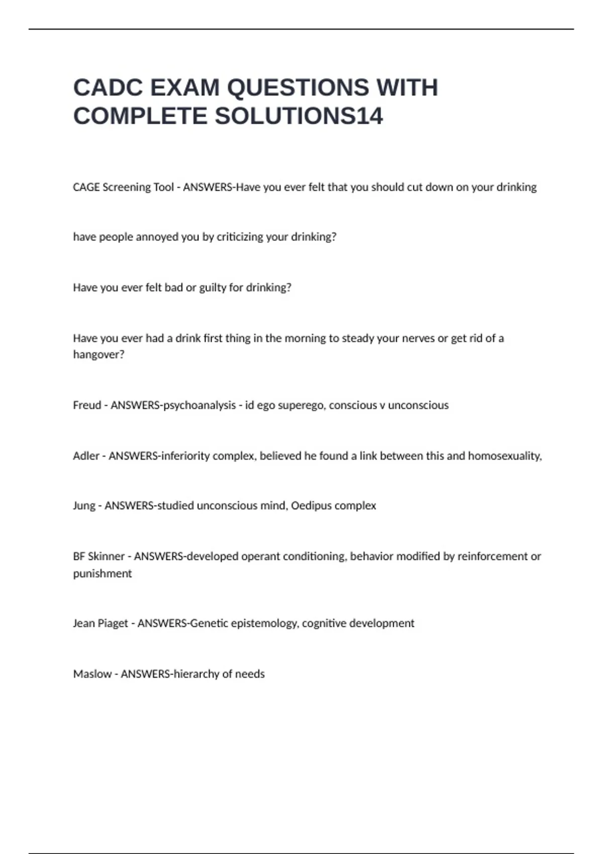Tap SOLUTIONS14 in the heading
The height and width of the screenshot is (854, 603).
[x=299, y=117]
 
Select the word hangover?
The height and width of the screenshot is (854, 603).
[x=98, y=355]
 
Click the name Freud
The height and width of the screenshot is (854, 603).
[x=87, y=405]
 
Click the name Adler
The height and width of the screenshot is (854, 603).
[x=86, y=456]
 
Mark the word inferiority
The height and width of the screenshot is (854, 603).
[x=183, y=456]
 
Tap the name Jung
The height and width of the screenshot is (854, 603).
[x=84, y=505]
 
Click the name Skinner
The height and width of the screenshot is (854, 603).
[x=106, y=556]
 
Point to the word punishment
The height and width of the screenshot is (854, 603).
[x=103, y=573]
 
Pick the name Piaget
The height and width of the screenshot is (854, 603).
[x=113, y=623]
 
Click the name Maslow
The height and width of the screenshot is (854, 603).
[x=92, y=674]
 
